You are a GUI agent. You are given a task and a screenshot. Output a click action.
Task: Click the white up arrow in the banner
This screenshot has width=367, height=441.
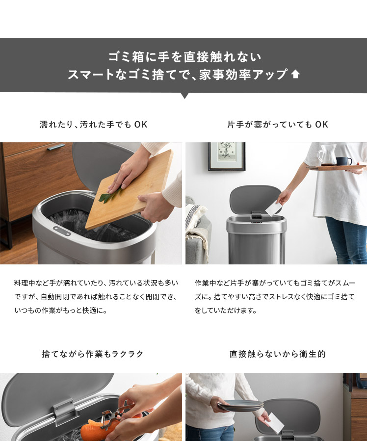295,74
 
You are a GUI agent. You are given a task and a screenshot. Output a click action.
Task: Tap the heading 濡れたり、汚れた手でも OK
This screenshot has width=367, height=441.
93,124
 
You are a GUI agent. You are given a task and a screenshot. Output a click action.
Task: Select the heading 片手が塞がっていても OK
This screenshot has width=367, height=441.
278,124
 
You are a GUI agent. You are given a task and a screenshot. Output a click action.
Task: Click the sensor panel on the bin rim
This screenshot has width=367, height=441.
62,231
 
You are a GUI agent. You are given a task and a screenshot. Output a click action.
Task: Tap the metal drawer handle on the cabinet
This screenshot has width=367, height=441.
56,147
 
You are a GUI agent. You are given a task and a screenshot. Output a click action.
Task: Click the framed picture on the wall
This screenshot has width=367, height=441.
227,156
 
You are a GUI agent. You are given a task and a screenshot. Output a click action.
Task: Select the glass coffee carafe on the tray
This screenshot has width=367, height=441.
327,155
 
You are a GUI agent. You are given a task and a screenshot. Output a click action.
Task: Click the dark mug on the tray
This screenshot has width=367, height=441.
343,161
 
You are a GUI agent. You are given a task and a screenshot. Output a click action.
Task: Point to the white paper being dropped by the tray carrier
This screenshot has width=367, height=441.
274,208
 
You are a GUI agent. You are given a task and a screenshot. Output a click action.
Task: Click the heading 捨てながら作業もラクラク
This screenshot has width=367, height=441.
93,354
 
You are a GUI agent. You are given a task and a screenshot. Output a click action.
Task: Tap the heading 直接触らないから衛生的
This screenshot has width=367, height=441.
278,354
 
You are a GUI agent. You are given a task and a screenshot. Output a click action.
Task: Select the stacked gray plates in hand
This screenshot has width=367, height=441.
240,405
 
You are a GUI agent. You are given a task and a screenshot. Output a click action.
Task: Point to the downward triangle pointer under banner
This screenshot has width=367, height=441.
184,96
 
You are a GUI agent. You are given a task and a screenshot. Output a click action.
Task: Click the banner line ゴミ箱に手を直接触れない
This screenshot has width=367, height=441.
185,57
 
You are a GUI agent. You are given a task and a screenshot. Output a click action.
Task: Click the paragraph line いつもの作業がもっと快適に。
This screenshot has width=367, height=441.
60,311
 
